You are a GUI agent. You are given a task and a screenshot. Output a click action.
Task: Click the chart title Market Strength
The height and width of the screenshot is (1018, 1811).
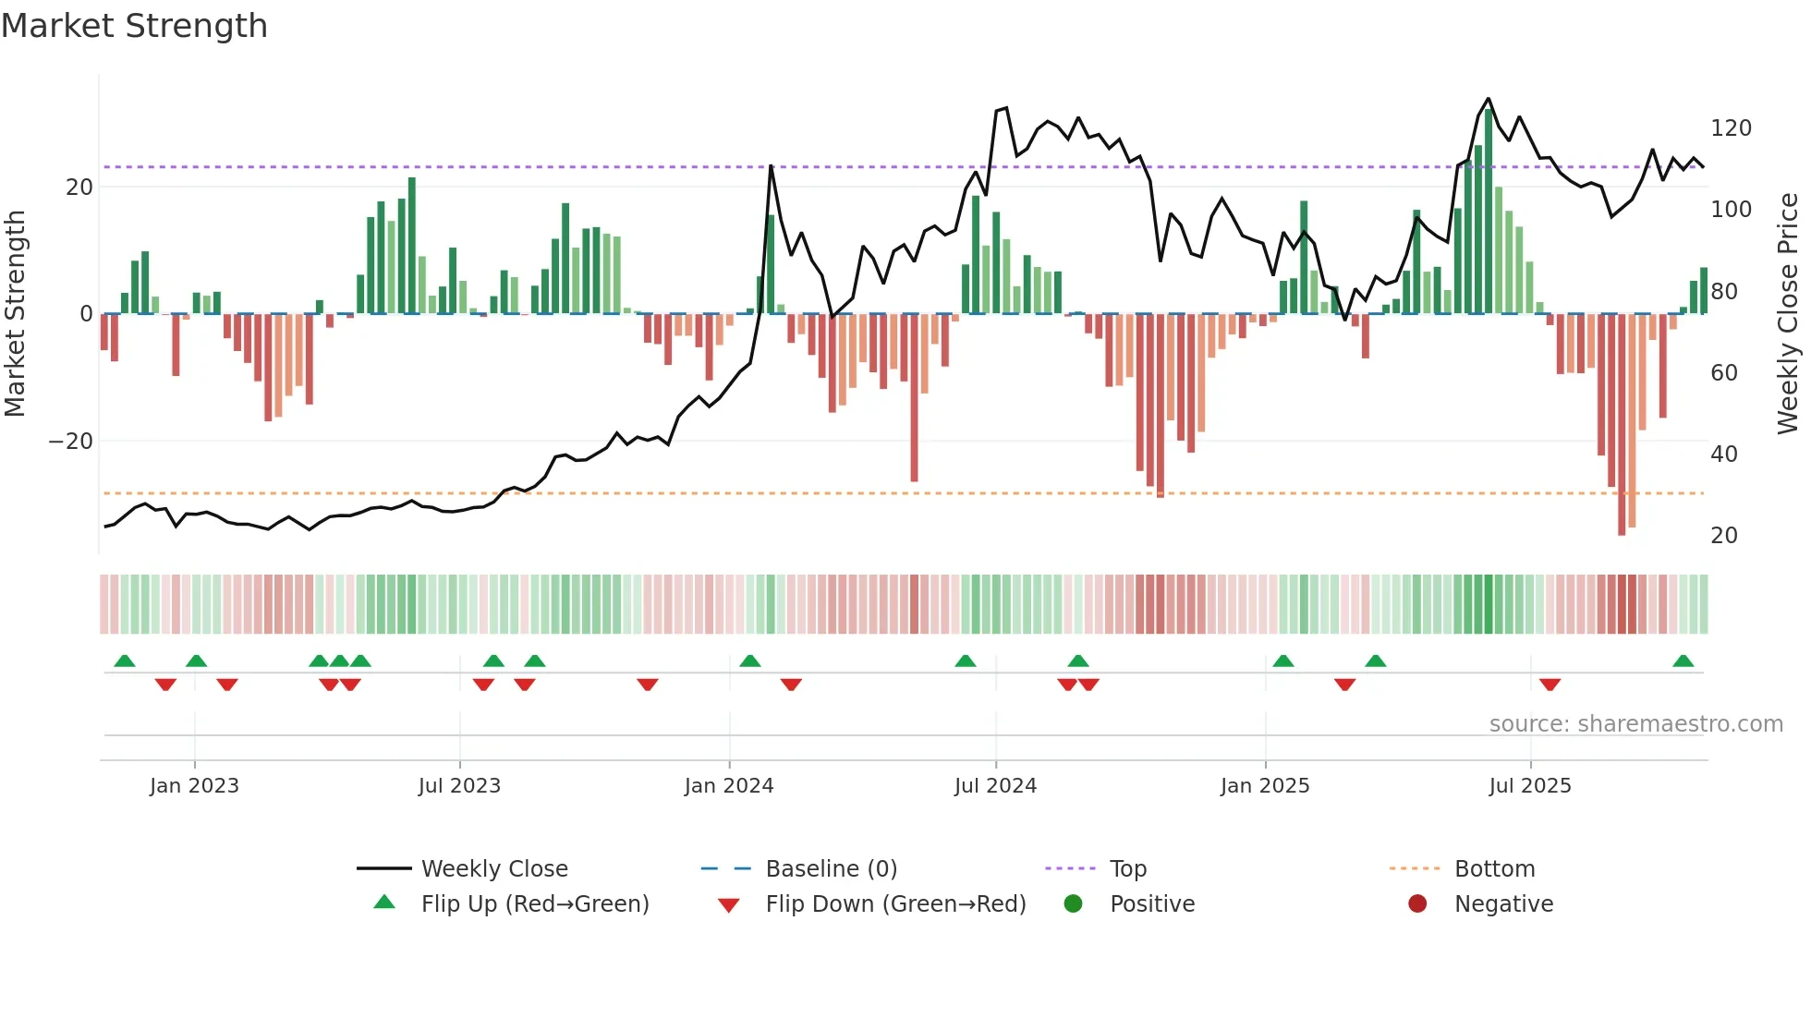pyautogui.click(x=134, y=26)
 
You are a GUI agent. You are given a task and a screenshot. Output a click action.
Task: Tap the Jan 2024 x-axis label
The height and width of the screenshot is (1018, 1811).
pyautogui.click(x=729, y=786)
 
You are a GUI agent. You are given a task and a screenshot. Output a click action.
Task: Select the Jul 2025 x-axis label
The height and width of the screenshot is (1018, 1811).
pyautogui.click(x=1530, y=786)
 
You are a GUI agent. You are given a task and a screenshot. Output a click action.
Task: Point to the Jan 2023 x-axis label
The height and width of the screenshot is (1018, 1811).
pyautogui.click(x=194, y=786)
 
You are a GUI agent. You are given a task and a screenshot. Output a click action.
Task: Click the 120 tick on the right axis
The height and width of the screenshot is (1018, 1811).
pyautogui.click(x=1731, y=128)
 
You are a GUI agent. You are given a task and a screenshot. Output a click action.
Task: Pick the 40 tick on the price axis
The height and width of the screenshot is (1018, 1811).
pyautogui.click(x=1724, y=454)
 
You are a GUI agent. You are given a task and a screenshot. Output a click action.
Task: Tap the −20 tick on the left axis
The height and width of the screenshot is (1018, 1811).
pyautogui.click(x=71, y=442)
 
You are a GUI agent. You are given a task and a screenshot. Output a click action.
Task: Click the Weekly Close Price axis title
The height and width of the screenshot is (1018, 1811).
pyautogui.click(x=1789, y=314)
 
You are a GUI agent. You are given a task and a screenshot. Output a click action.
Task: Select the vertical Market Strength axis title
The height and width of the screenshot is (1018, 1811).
pyautogui.click(x=16, y=314)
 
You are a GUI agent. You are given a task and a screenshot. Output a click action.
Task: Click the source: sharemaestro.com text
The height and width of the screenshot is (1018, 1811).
pyautogui.click(x=1635, y=724)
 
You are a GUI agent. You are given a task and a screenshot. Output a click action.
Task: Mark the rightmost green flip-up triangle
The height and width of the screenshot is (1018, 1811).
pyautogui.click(x=1683, y=661)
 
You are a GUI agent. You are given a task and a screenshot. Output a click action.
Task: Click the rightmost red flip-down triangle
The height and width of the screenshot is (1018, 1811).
pyautogui.click(x=1550, y=685)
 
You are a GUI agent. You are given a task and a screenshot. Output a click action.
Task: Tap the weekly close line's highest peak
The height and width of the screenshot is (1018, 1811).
pyautogui.click(x=1488, y=99)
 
